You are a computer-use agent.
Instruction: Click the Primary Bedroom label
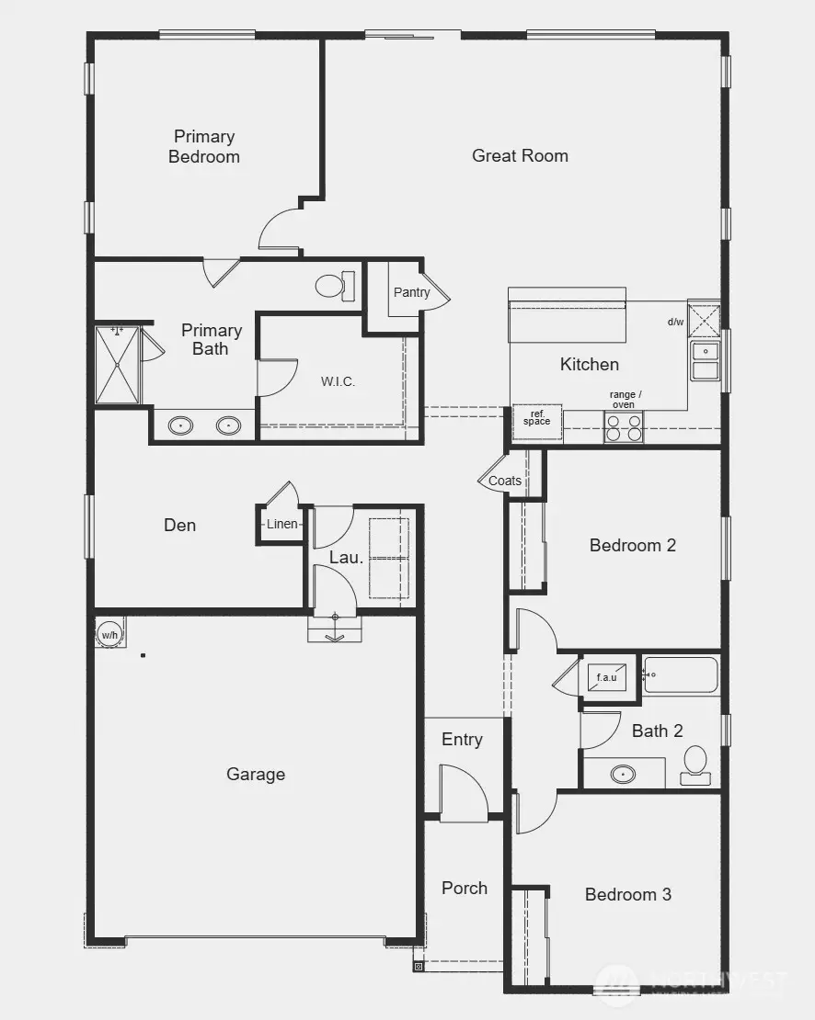point(204,147)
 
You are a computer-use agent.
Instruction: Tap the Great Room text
point(520,156)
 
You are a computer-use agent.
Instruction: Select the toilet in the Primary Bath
point(333,286)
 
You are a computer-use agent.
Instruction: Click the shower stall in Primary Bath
point(117,365)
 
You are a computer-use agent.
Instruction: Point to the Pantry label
point(411,292)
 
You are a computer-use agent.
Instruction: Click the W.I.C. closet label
point(338,381)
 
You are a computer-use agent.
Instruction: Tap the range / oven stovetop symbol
point(623,426)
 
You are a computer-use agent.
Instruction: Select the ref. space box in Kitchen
point(536,419)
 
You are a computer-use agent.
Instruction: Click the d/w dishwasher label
point(675,322)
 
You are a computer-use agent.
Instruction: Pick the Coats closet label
point(505,481)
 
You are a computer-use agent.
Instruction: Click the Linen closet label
point(282,525)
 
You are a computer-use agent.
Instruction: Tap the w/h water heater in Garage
point(109,634)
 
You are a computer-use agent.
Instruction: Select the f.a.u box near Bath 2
point(607,678)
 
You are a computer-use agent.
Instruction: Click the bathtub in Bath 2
point(681,675)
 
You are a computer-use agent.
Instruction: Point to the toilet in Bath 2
point(695,765)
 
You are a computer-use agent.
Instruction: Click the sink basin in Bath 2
point(623,774)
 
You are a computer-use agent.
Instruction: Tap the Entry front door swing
point(464,793)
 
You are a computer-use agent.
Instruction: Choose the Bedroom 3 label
point(628,894)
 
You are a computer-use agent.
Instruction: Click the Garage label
point(256,775)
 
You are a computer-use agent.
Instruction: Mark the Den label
point(179,526)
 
